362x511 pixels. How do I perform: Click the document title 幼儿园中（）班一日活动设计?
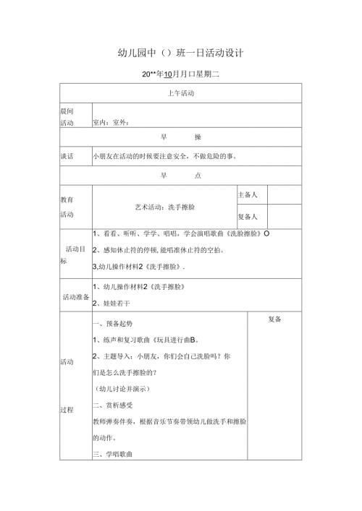coord(180,53)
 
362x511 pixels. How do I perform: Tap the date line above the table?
coord(180,74)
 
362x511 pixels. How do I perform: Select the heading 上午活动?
coord(180,93)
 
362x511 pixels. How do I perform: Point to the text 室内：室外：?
coord(111,122)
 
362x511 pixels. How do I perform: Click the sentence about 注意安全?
coord(165,155)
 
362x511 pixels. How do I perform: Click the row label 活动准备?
coord(75,297)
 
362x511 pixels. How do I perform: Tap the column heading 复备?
coord(274,319)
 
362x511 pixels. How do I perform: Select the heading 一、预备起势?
coord(113,322)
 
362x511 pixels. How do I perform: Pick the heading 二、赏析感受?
coord(113,405)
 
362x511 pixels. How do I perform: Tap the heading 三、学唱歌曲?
coord(113,454)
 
